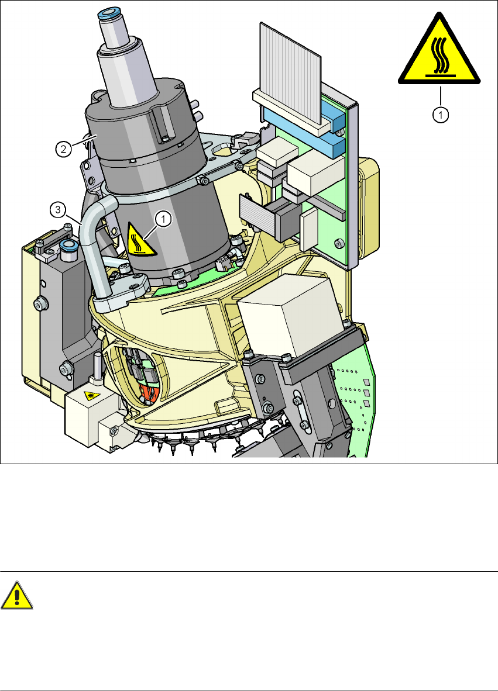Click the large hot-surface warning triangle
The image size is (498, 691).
coord(439,53)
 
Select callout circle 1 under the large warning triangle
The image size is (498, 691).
coord(440,115)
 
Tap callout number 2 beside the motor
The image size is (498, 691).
coord(64,149)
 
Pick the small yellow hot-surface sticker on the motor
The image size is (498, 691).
coord(140,240)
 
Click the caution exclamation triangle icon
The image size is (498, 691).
coord(17,596)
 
